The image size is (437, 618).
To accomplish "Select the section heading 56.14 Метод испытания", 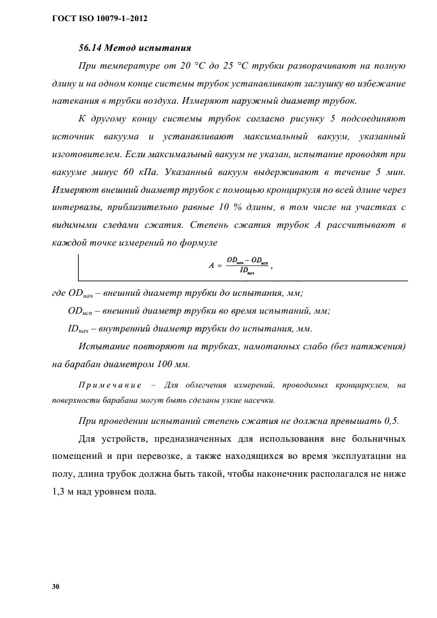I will pos(135,48).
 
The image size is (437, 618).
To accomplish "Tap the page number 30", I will pos(56,586).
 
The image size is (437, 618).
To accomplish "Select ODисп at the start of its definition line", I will pos(82,311).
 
